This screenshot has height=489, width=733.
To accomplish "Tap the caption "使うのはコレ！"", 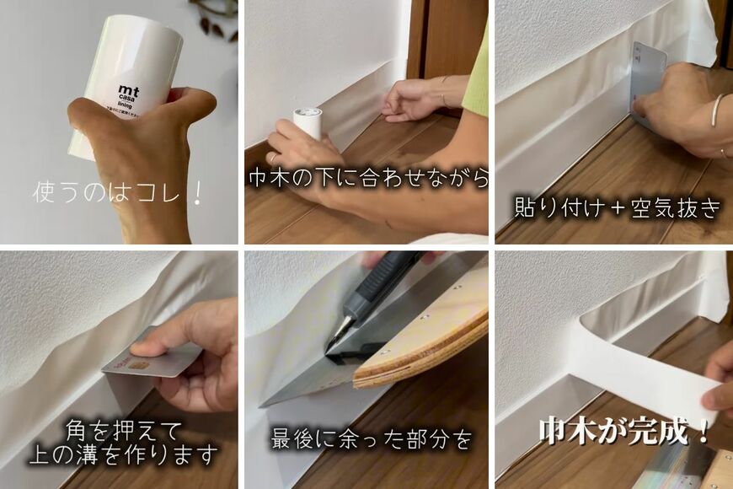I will tap(118, 192).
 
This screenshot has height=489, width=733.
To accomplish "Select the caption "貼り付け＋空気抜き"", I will tap(618, 208).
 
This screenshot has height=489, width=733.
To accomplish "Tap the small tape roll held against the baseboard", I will tap(307, 122).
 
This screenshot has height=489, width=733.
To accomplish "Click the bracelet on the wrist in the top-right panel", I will tap(716, 110).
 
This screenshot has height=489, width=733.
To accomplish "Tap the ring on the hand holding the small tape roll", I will tap(272, 157).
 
